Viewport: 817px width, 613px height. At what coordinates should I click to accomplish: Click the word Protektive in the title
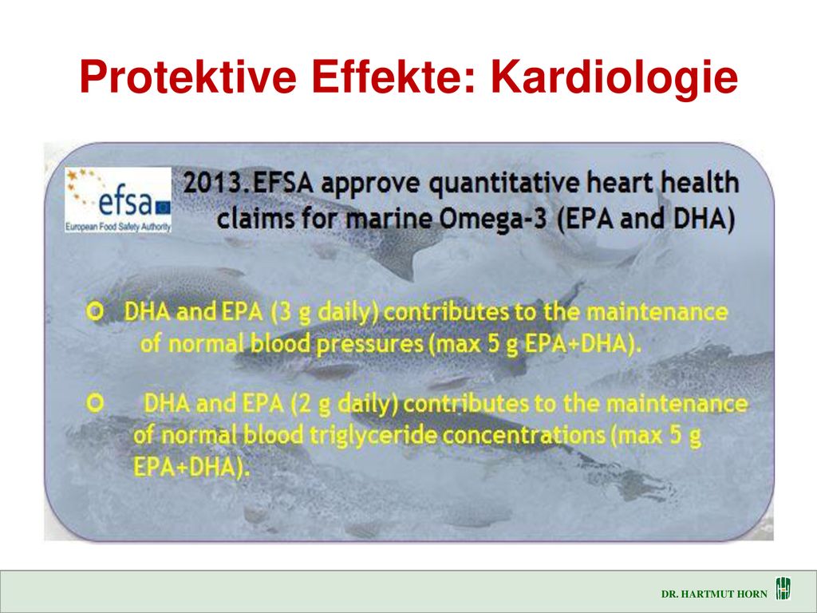tap(188, 77)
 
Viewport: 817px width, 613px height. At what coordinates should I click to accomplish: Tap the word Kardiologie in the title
tap(614, 78)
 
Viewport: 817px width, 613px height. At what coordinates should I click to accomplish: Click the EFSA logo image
tap(118, 200)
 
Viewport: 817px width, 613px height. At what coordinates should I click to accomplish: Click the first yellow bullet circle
tap(96, 312)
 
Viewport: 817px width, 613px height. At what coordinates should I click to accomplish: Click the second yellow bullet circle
tap(96, 403)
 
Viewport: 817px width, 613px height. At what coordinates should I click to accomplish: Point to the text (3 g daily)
tap(326, 313)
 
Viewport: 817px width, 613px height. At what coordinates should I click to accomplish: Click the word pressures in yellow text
tap(369, 345)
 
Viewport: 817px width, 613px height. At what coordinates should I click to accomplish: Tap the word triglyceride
tap(373, 436)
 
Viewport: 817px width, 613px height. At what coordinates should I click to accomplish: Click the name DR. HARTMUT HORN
tap(714, 594)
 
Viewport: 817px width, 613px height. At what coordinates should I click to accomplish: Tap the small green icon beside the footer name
tap(783, 588)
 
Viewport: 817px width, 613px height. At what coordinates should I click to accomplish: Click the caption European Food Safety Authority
tap(118, 227)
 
